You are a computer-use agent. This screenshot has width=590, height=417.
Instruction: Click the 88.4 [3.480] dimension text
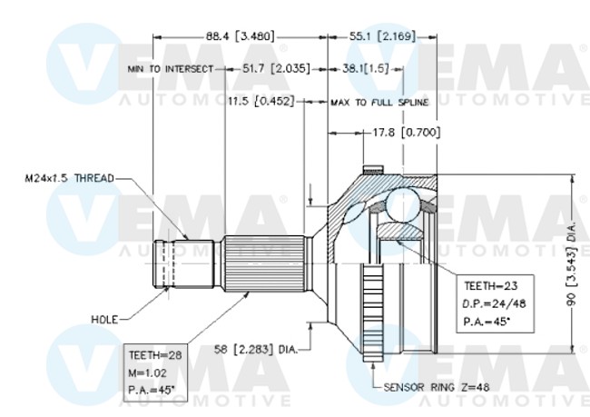[240, 36]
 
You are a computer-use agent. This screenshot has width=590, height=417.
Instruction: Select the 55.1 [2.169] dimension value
[383, 36]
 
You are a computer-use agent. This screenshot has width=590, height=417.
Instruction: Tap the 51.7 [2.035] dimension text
[276, 69]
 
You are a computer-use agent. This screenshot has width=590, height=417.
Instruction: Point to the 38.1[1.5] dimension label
[365, 69]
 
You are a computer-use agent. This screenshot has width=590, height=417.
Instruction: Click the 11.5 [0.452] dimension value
[261, 102]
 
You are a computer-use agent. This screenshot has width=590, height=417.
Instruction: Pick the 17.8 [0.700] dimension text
[406, 133]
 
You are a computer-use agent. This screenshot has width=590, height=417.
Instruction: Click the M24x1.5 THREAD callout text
[69, 178]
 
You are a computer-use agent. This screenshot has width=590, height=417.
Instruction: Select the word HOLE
[104, 320]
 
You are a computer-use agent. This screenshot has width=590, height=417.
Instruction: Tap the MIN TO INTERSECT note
[171, 69]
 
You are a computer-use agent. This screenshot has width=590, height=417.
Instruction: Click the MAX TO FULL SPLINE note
[379, 103]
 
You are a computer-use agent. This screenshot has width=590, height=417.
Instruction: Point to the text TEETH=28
[155, 355]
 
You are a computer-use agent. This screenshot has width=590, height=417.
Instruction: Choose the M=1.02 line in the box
[147, 372]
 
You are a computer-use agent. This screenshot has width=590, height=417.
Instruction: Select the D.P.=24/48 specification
[494, 303]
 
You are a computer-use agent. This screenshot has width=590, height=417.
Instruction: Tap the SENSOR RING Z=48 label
[437, 387]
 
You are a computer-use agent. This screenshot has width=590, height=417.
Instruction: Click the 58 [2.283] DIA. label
[256, 350]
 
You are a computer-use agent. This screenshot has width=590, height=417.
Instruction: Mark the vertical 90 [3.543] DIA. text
[571, 263]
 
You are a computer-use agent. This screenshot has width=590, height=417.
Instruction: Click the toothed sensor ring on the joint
[373, 313]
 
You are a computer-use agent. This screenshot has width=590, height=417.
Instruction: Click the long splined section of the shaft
[264, 263]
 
